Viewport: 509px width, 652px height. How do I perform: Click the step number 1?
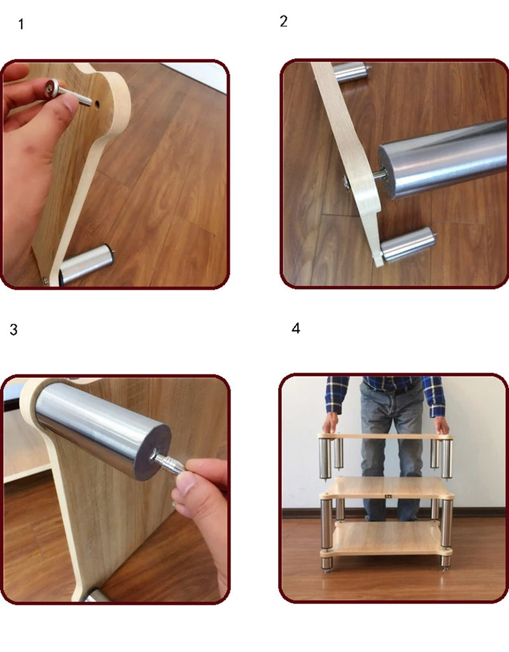pos(21,24)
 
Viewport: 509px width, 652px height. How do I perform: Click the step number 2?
pos(283,21)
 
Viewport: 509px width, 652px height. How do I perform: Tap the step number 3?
pos(14,330)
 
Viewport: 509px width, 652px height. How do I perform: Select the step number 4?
pos(295,329)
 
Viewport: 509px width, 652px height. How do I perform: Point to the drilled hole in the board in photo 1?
pos(97,104)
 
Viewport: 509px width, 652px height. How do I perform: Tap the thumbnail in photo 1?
pos(70,104)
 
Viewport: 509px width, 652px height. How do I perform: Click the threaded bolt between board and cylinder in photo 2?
pos(379,175)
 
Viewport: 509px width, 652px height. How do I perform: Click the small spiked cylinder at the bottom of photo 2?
pos(408,245)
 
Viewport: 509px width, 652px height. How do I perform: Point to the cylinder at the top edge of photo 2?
pos(351,71)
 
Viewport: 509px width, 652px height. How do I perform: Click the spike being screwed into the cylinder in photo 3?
pos(167,462)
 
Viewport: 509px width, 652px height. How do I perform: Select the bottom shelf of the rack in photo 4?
pos(386,539)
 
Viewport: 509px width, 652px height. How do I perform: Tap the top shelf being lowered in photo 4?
pos(385,437)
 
